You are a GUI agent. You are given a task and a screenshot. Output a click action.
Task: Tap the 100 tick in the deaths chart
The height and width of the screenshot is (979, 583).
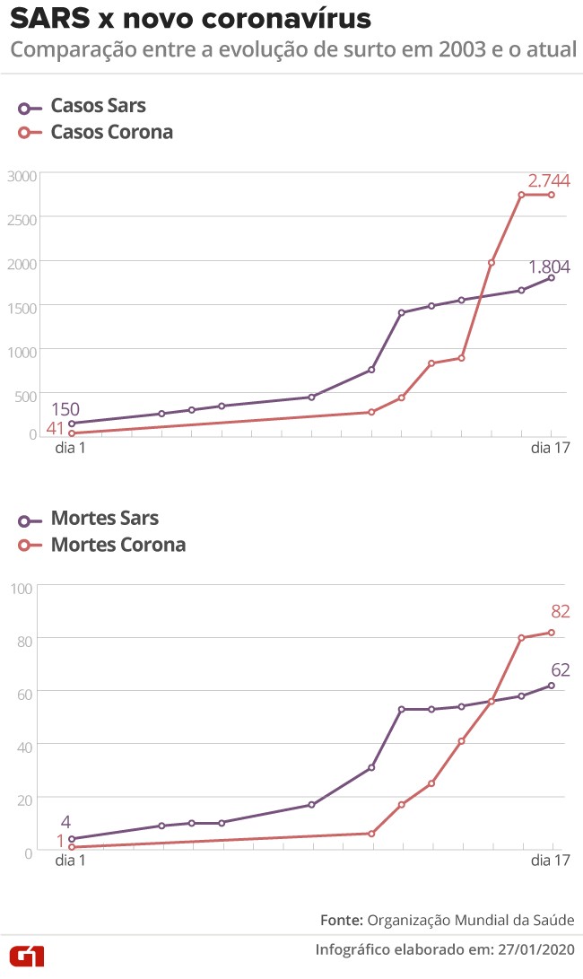22,588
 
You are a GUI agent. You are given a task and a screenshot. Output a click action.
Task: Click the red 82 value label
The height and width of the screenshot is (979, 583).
561,612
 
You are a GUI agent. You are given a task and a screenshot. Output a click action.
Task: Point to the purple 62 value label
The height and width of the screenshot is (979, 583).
561,670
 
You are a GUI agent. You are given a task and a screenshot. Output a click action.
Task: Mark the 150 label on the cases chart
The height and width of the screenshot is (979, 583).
65,410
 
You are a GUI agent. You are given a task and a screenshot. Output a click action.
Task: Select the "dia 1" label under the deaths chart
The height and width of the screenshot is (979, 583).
71,861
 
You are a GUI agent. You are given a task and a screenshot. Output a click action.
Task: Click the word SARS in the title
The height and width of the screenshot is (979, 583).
48,19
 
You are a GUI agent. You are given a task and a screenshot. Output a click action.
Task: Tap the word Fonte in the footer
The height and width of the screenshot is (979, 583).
341,921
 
